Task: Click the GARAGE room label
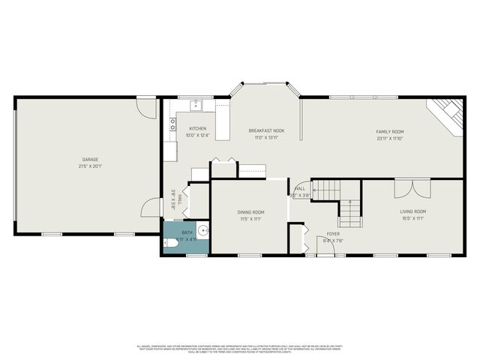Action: pyautogui.click(x=90, y=159)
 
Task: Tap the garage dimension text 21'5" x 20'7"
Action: pyautogui.click(x=90, y=166)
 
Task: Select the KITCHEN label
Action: pyautogui.click(x=197, y=129)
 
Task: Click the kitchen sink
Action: pyautogui.click(x=196, y=104)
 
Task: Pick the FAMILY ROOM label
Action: pyautogui.click(x=390, y=131)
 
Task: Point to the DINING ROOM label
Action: pyautogui.click(x=247, y=212)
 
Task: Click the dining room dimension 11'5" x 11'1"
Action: pyautogui.click(x=247, y=219)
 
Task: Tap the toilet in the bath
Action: pyautogui.click(x=170, y=244)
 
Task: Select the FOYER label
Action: pyautogui.click(x=332, y=234)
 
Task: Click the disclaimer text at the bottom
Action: pyautogui.click(x=240, y=348)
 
